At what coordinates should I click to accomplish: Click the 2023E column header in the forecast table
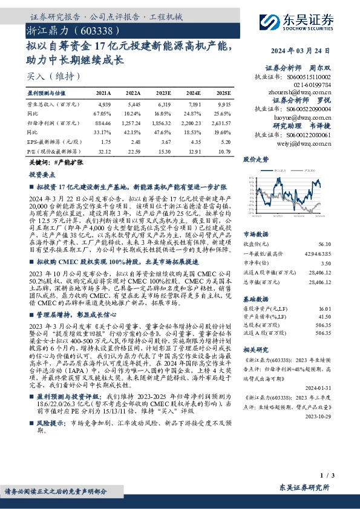tap(164, 94)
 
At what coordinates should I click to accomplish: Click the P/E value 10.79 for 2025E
tap(224, 151)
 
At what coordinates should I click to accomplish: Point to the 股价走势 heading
tap(255, 160)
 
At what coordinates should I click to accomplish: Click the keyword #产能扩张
tap(67, 163)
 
